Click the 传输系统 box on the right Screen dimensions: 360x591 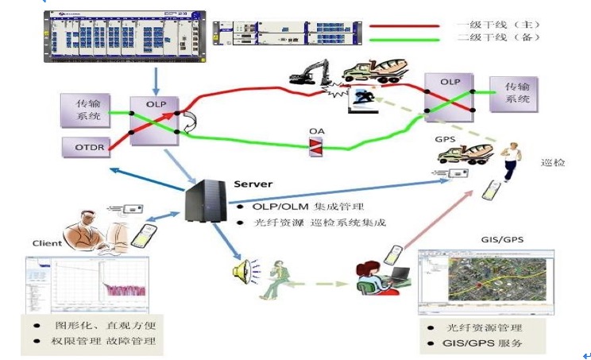[x=511, y=94]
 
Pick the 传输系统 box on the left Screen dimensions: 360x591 [x=84, y=110]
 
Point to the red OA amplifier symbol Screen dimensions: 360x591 [x=317, y=145]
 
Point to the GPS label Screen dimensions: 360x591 [x=445, y=139]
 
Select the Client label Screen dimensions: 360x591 [x=47, y=243]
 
